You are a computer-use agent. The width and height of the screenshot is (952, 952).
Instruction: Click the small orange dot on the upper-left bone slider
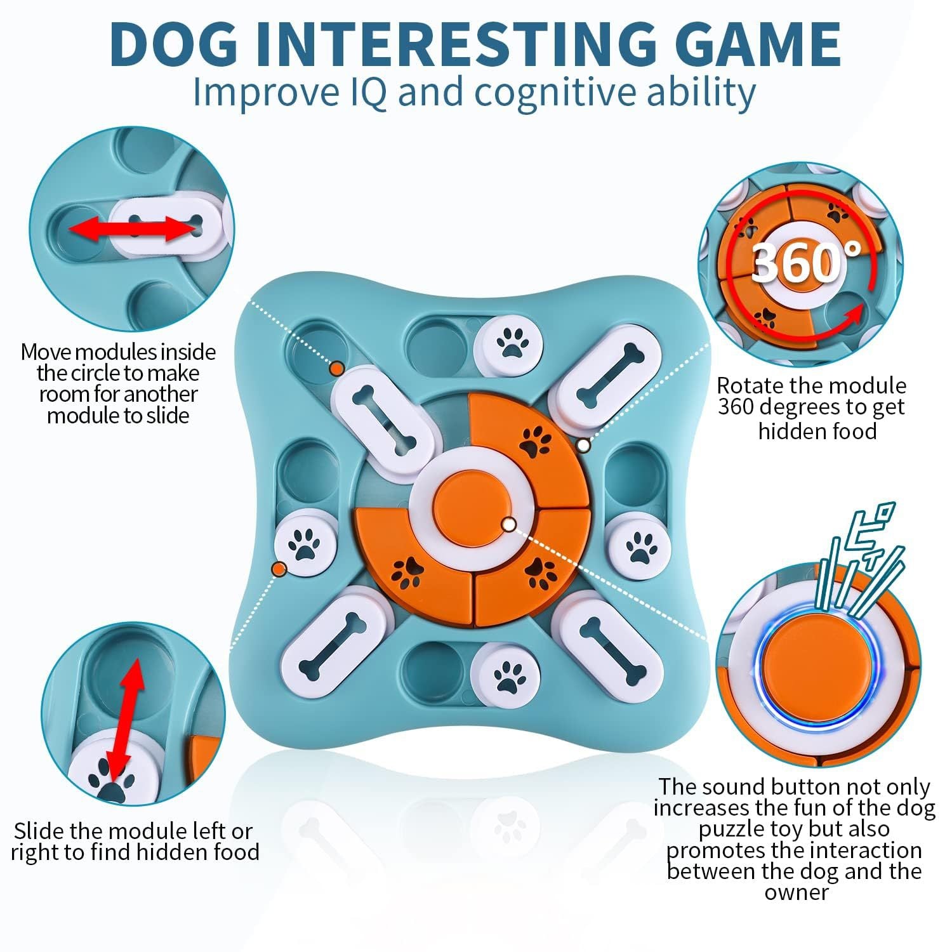(x=337, y=369)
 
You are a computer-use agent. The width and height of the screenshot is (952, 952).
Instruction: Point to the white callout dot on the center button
(x=509, y=524)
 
